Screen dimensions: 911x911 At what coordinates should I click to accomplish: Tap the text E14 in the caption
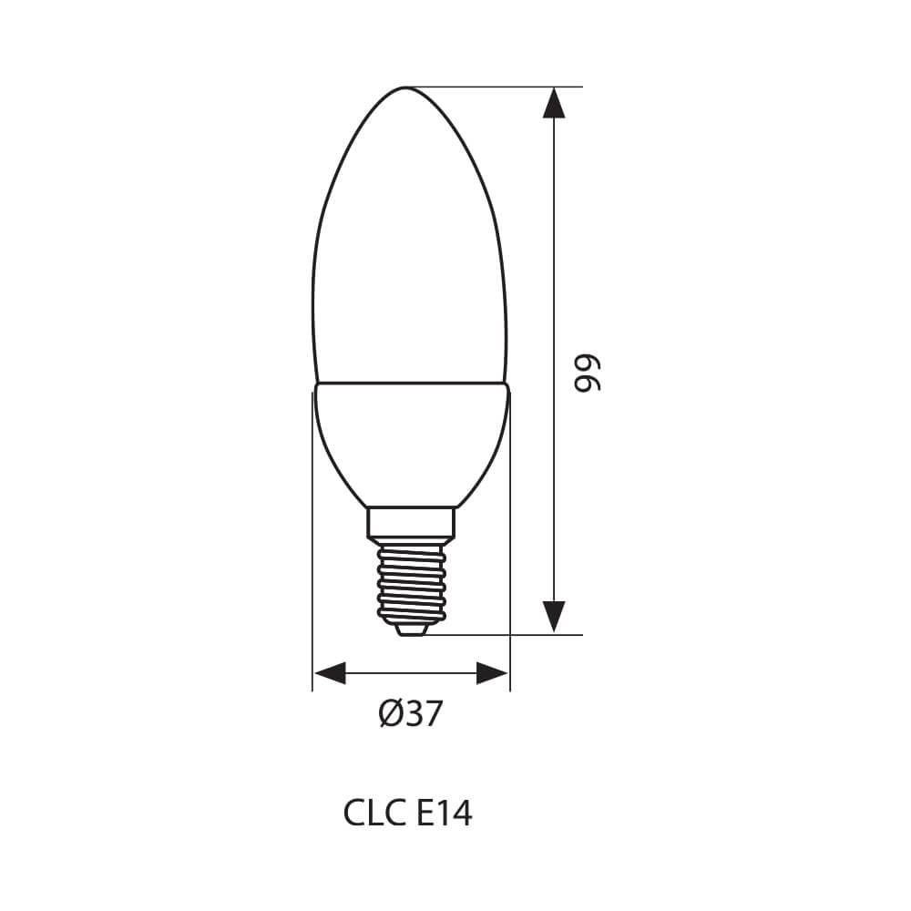click(444, 813)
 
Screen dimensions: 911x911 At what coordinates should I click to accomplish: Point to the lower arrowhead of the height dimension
click(553, 617)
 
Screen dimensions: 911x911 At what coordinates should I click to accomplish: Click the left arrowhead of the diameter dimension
click(330, 675)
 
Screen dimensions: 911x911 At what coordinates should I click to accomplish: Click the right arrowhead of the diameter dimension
click(492, 675)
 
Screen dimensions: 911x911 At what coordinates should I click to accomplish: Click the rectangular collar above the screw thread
click(410, 522)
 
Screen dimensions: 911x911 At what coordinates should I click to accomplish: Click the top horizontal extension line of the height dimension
click(510, 87)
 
